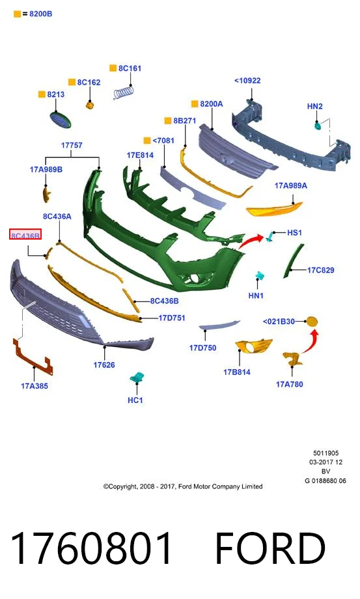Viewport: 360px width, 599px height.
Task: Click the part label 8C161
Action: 130,68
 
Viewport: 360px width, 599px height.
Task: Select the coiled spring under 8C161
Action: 124,92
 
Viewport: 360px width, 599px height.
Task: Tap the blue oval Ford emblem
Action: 61,120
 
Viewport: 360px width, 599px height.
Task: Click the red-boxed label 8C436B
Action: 25,236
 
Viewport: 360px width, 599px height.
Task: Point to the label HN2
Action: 315,106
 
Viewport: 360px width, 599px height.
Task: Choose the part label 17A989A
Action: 291,186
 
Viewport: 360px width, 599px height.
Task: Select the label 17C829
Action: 321,270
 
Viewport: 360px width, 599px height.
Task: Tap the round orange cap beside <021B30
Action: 312,322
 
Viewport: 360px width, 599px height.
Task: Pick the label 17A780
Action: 290,384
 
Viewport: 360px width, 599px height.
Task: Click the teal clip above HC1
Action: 137,378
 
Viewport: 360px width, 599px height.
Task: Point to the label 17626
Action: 104,365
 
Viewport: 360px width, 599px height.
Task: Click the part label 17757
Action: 72,145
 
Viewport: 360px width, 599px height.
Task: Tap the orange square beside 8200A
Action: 195,104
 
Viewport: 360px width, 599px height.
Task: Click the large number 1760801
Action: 92,549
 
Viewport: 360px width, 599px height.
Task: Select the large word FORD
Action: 271,549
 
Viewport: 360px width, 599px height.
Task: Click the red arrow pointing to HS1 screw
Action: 251,242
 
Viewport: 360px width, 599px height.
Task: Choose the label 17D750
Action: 202,348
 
